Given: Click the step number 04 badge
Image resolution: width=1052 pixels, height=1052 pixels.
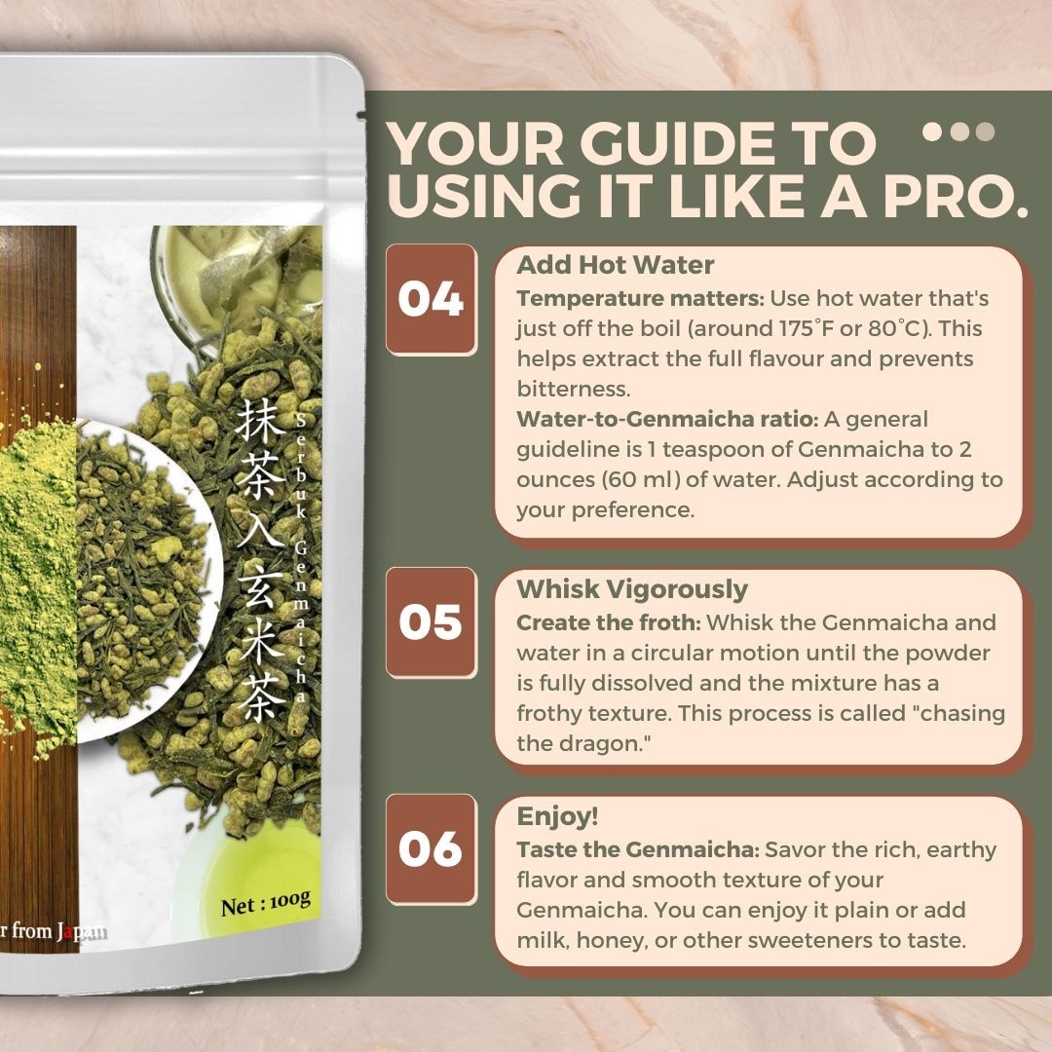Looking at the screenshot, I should pyautogui.click(x=431, y=299).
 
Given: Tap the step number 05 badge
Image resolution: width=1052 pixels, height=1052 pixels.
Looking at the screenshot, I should pyautogui.click(x=431, y=622).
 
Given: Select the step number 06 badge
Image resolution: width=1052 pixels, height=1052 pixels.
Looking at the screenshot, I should pyautogui.click(x=431, y=848).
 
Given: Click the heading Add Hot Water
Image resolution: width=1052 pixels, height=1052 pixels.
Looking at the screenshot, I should pyautogui.click(x=615, y=265).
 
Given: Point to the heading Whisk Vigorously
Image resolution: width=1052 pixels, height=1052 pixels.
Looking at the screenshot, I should pyautogui.click(x=632, y=589).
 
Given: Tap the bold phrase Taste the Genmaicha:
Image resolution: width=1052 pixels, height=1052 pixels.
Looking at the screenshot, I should pyautogui.click(x=637, y=849).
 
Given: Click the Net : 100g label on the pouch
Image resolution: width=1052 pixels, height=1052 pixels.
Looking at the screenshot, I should pyautogui.click(x=265, y=903).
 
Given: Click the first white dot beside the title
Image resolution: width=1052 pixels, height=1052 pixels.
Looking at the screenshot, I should pyautogui.click(x=932, y=131).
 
